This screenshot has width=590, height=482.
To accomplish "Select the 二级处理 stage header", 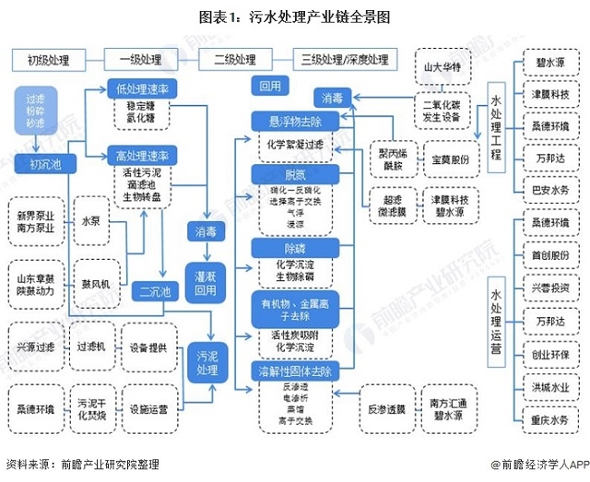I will click(x=234, y=60).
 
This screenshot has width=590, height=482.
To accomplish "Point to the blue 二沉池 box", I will click(x=153, y=292).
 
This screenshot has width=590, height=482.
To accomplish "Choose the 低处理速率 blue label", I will click(x=142, y=89).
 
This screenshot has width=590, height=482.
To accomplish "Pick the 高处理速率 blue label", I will click(x=142, y=154).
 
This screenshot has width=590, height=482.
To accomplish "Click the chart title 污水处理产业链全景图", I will click(x=295, y=17).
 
